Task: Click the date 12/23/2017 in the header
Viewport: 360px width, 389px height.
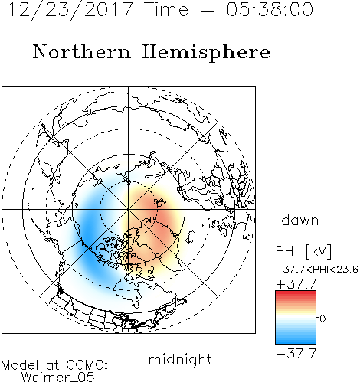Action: pyautogui.click(x=70, y=10)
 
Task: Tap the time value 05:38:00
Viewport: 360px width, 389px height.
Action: pyautogui.click(x=270, y=9)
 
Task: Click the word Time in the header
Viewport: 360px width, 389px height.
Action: pyautogui.click(x=166, y=9)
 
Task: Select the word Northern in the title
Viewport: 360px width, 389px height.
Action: pyautogui.click(x=82, y=52)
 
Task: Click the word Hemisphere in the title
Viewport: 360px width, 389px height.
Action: pyautogui.click(x=206, y=53)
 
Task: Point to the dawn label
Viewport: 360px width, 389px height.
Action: pyautogui.click(x=300, y=220)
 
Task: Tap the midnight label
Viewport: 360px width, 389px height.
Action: pyautogui.click(x=180, y=359)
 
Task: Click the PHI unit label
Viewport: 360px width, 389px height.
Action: pyautogui.click(x=303, y=251)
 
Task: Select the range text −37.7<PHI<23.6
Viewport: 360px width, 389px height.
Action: pyautogui.click(x=317, y=270)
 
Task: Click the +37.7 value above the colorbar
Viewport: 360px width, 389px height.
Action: pyautogui.click(x=296, y=284)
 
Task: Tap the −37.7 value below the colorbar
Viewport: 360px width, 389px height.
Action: pyautogui.click(x=296, y=354)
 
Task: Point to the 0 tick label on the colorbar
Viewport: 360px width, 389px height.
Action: pyautogui.click(x=322, y=319)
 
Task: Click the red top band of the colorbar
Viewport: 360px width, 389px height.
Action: pyautogui.click(x=296, y=293)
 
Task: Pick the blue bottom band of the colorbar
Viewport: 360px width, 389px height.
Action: pyautogui.click(x=296, y=342)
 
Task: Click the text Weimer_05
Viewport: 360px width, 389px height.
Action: pyautogui.click(x=58, y=378)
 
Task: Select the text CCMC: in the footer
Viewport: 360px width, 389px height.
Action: pyautogui.click(x=87, y=365)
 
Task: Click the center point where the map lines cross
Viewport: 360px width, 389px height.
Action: pyautogui.click(x=129, y=209)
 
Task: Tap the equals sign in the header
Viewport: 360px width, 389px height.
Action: pyautogui.click(x=208, y=10)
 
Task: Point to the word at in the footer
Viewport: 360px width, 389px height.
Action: pyautogui.click(x=53, y=365)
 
